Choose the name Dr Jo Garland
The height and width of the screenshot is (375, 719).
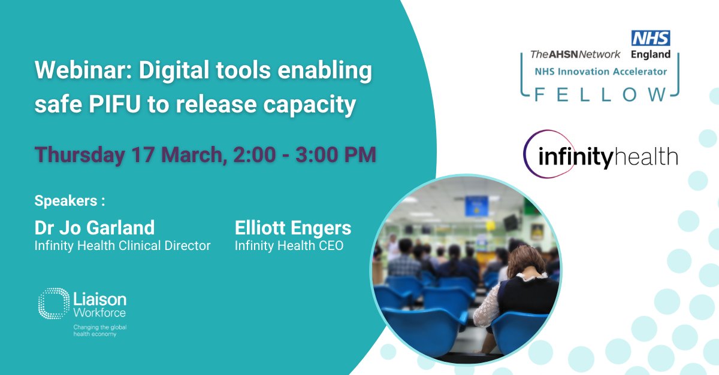95,227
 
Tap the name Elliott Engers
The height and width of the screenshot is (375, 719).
293,227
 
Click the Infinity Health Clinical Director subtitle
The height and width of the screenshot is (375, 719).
123,245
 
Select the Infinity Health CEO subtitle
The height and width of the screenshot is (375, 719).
289,245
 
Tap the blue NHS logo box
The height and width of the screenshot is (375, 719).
651,38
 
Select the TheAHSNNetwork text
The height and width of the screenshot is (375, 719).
575,54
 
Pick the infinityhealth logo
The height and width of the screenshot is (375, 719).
601,156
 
